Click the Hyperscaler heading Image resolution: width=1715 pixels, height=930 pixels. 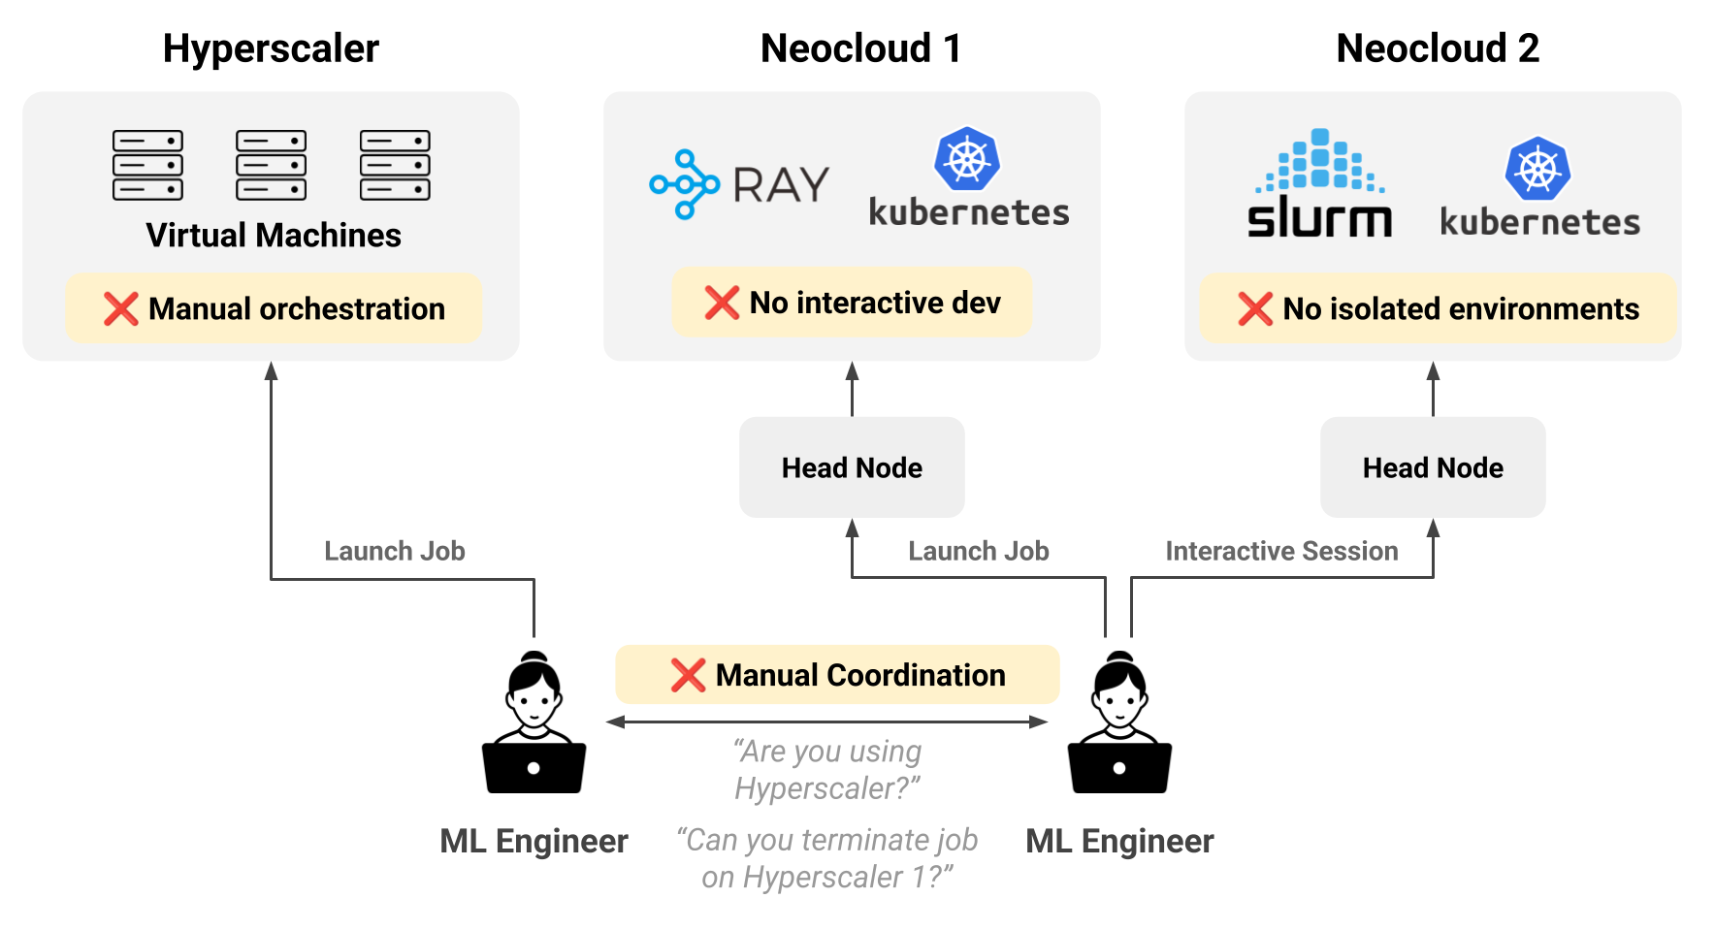(271, 48)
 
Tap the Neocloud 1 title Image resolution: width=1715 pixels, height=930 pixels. (860, 48)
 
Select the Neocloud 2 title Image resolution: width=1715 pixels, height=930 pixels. (1437, 48)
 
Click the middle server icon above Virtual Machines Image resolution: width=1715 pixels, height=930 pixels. (271, 165)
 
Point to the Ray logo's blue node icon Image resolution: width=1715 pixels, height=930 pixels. (685, 184)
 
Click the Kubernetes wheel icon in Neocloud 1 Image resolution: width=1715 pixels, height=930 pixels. (967, 159)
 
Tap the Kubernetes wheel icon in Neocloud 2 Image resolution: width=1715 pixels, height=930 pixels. (1537, 169)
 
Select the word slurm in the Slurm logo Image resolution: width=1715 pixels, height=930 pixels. (1319, 219)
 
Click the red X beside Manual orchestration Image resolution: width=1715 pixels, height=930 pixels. (121, 308)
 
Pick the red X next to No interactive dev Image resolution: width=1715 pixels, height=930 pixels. (722, 303)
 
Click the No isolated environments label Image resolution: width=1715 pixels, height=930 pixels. (1460, 308)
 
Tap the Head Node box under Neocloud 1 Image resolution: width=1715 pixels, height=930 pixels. (852, 467)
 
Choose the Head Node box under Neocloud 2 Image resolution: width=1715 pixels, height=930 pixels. (1433, 467)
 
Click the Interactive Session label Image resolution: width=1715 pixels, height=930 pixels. (1281, 551)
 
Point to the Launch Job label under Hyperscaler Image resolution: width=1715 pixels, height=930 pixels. (395, 551)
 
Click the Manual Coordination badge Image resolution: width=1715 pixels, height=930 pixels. (837, 675)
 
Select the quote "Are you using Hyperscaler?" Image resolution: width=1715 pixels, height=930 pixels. (826, 769)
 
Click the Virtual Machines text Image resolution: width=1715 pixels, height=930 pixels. (274, 236)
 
